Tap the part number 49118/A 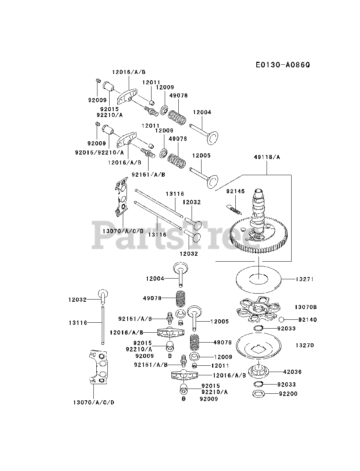click(x=267, y=157)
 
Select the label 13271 click(x=304, y=279)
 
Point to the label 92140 click(x=308, y=320)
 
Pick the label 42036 click(x=292, y=372)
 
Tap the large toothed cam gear click(x=257, y=235)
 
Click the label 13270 click(x=304, y=346)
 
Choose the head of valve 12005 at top click(x=212, y=181)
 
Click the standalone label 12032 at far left click(x=77, y=300)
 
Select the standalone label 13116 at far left click(x=78, y=323)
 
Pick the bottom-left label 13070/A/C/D click(x=93, y=402)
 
